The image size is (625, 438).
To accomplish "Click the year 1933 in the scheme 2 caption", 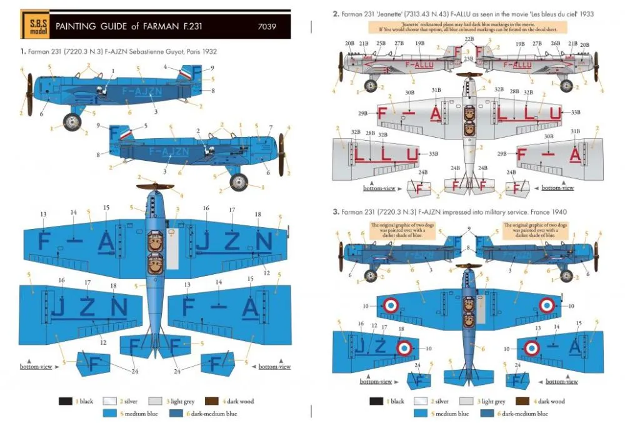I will pyautogui.click(x=585, y=13).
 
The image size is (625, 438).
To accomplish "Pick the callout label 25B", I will pyautogui.click(x=381, y=44).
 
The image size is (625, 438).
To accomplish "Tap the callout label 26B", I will pyautogui.click(x=555, y=44).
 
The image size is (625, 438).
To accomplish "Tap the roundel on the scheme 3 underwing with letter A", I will pyautogui.click(x=531, y=348).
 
